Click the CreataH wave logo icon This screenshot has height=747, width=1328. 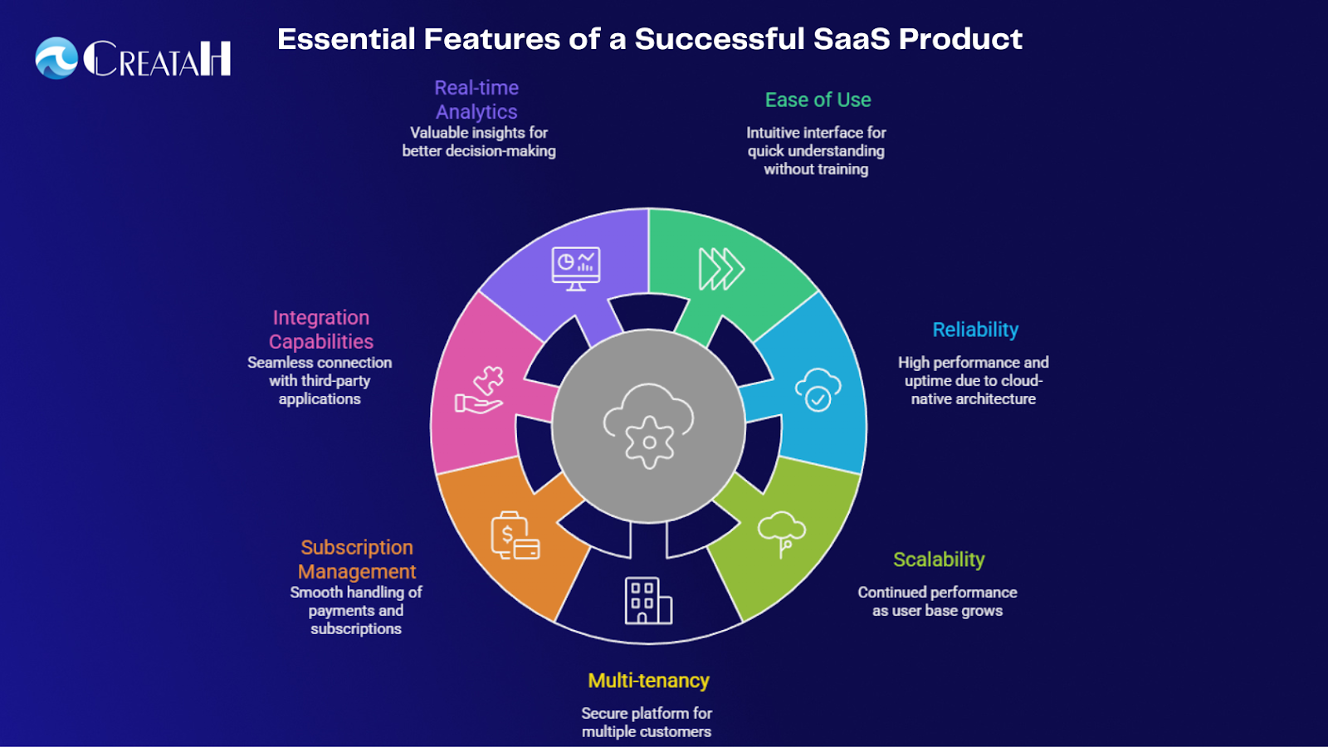56,58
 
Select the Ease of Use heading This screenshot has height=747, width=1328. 818,100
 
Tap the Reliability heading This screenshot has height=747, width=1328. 975,330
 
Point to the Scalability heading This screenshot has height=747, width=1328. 939,559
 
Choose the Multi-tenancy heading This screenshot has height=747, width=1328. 648,681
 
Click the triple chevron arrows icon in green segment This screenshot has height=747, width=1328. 720,269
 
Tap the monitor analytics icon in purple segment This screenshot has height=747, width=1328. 576,269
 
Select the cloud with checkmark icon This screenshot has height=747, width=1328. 818,389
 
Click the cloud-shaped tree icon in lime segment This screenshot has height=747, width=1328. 781,534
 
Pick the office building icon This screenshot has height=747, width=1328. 648,600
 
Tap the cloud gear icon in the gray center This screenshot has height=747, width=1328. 648,426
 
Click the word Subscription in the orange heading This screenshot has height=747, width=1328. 357,548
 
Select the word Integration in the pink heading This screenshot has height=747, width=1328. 321,318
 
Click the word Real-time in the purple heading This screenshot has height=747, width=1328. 476,88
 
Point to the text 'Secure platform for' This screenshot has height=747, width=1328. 647,713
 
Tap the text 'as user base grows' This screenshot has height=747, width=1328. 937,611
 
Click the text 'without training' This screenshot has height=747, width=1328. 816,169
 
